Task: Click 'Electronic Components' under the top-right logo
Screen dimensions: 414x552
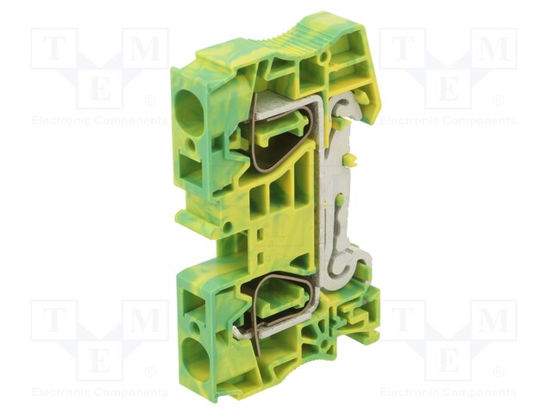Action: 448,121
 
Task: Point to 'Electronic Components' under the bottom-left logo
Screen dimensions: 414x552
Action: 100,392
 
